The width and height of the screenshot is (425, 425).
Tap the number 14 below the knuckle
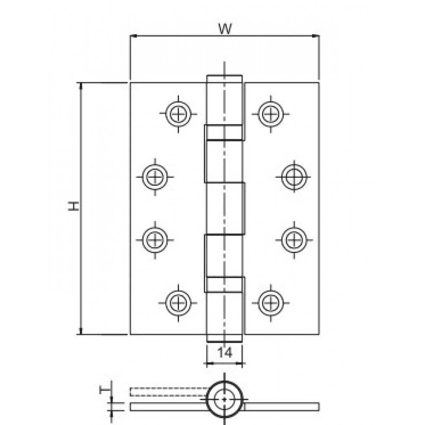225,353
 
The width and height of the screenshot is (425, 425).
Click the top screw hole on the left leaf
179,114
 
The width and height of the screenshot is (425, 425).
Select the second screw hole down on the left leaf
155,177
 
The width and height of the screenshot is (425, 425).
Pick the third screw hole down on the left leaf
155,239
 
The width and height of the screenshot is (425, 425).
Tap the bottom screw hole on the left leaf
179,302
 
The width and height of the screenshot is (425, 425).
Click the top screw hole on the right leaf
271,114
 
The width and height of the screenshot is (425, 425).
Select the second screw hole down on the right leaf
294,177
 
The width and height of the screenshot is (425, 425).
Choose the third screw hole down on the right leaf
294,239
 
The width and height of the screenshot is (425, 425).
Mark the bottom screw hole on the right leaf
271,302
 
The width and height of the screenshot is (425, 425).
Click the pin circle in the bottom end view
225,399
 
